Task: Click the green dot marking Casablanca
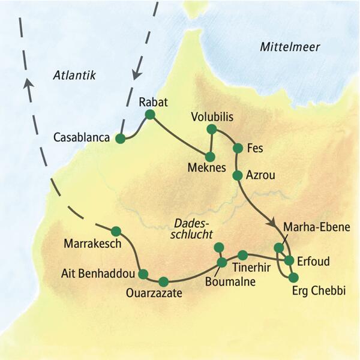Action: [x=120, y=139]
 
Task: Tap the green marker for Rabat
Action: [x=150, y=114]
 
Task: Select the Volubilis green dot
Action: [x=211, y=129]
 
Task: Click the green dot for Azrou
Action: [x=237, y=175]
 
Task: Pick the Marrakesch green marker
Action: [x=116, y=230]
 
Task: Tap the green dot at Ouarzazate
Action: [x=163, y=281]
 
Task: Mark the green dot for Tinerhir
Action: [x=242, y=254]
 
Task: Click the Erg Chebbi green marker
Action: [x=293, y=277]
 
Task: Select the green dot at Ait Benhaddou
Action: [x=143, y=274]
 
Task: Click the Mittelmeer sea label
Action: [x=290, y=47]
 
